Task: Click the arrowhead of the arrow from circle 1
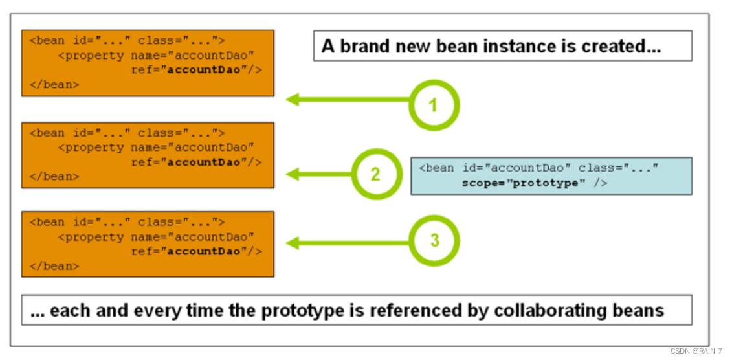click(293, 100)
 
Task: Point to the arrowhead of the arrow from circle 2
click(293, 174)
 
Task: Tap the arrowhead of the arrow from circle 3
click(293, 243)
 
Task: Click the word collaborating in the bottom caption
click(568, 311)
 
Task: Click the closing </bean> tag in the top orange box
click(54, 85)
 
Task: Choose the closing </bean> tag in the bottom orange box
click(54, 266)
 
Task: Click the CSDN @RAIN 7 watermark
click(696, 351)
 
